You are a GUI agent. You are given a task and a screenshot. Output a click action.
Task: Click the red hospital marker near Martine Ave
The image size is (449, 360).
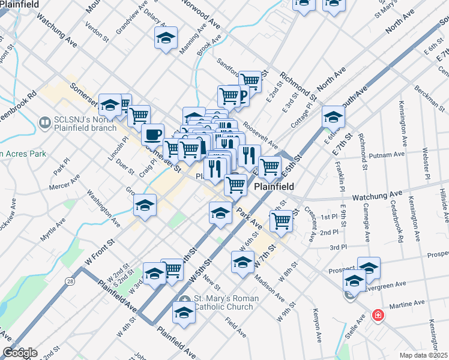378,314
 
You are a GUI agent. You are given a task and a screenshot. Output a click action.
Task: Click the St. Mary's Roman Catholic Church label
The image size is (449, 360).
226,303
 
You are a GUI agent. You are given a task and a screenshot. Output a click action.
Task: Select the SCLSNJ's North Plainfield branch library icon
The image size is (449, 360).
44,122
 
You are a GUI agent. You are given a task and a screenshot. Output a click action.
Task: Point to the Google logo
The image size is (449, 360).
20,353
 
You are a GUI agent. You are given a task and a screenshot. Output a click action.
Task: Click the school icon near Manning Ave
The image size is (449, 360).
166,38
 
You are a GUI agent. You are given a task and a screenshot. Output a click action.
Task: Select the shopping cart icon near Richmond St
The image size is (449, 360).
250,80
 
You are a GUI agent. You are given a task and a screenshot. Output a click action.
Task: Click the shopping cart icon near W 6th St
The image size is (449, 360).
281,220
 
